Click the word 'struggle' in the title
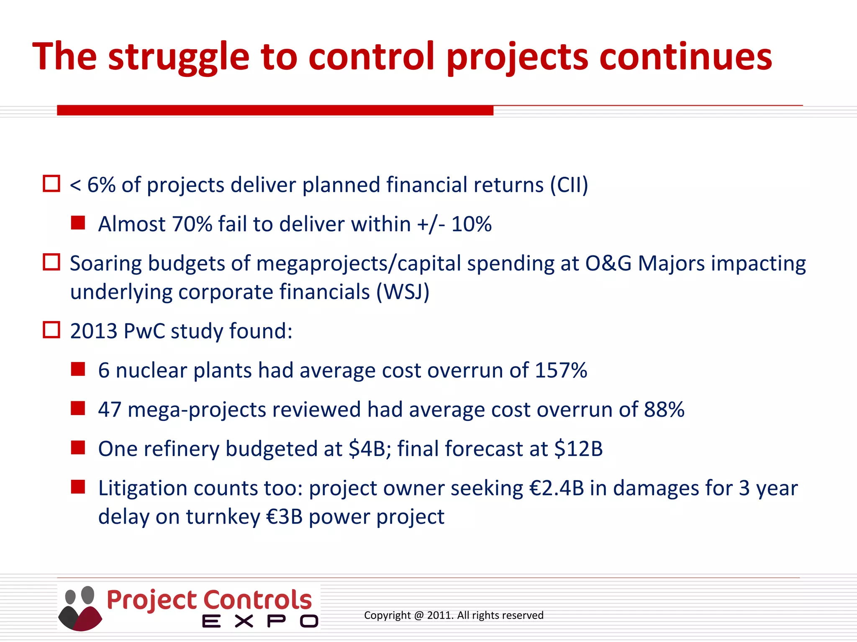point(179,57)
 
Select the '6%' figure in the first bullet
point(101,185)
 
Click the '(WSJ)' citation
point(403,292)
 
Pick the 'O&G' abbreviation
point(608,264)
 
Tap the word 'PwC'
point(144,331)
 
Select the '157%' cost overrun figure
point(561,370)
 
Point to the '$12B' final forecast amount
point(578,449)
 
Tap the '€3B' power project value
point(284,517)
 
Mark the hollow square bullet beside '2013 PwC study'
point(52,330)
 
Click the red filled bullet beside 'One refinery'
point(78,448)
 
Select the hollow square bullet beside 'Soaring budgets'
point(52,262)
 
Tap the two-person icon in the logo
point(80,608)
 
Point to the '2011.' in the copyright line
point(440,615)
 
